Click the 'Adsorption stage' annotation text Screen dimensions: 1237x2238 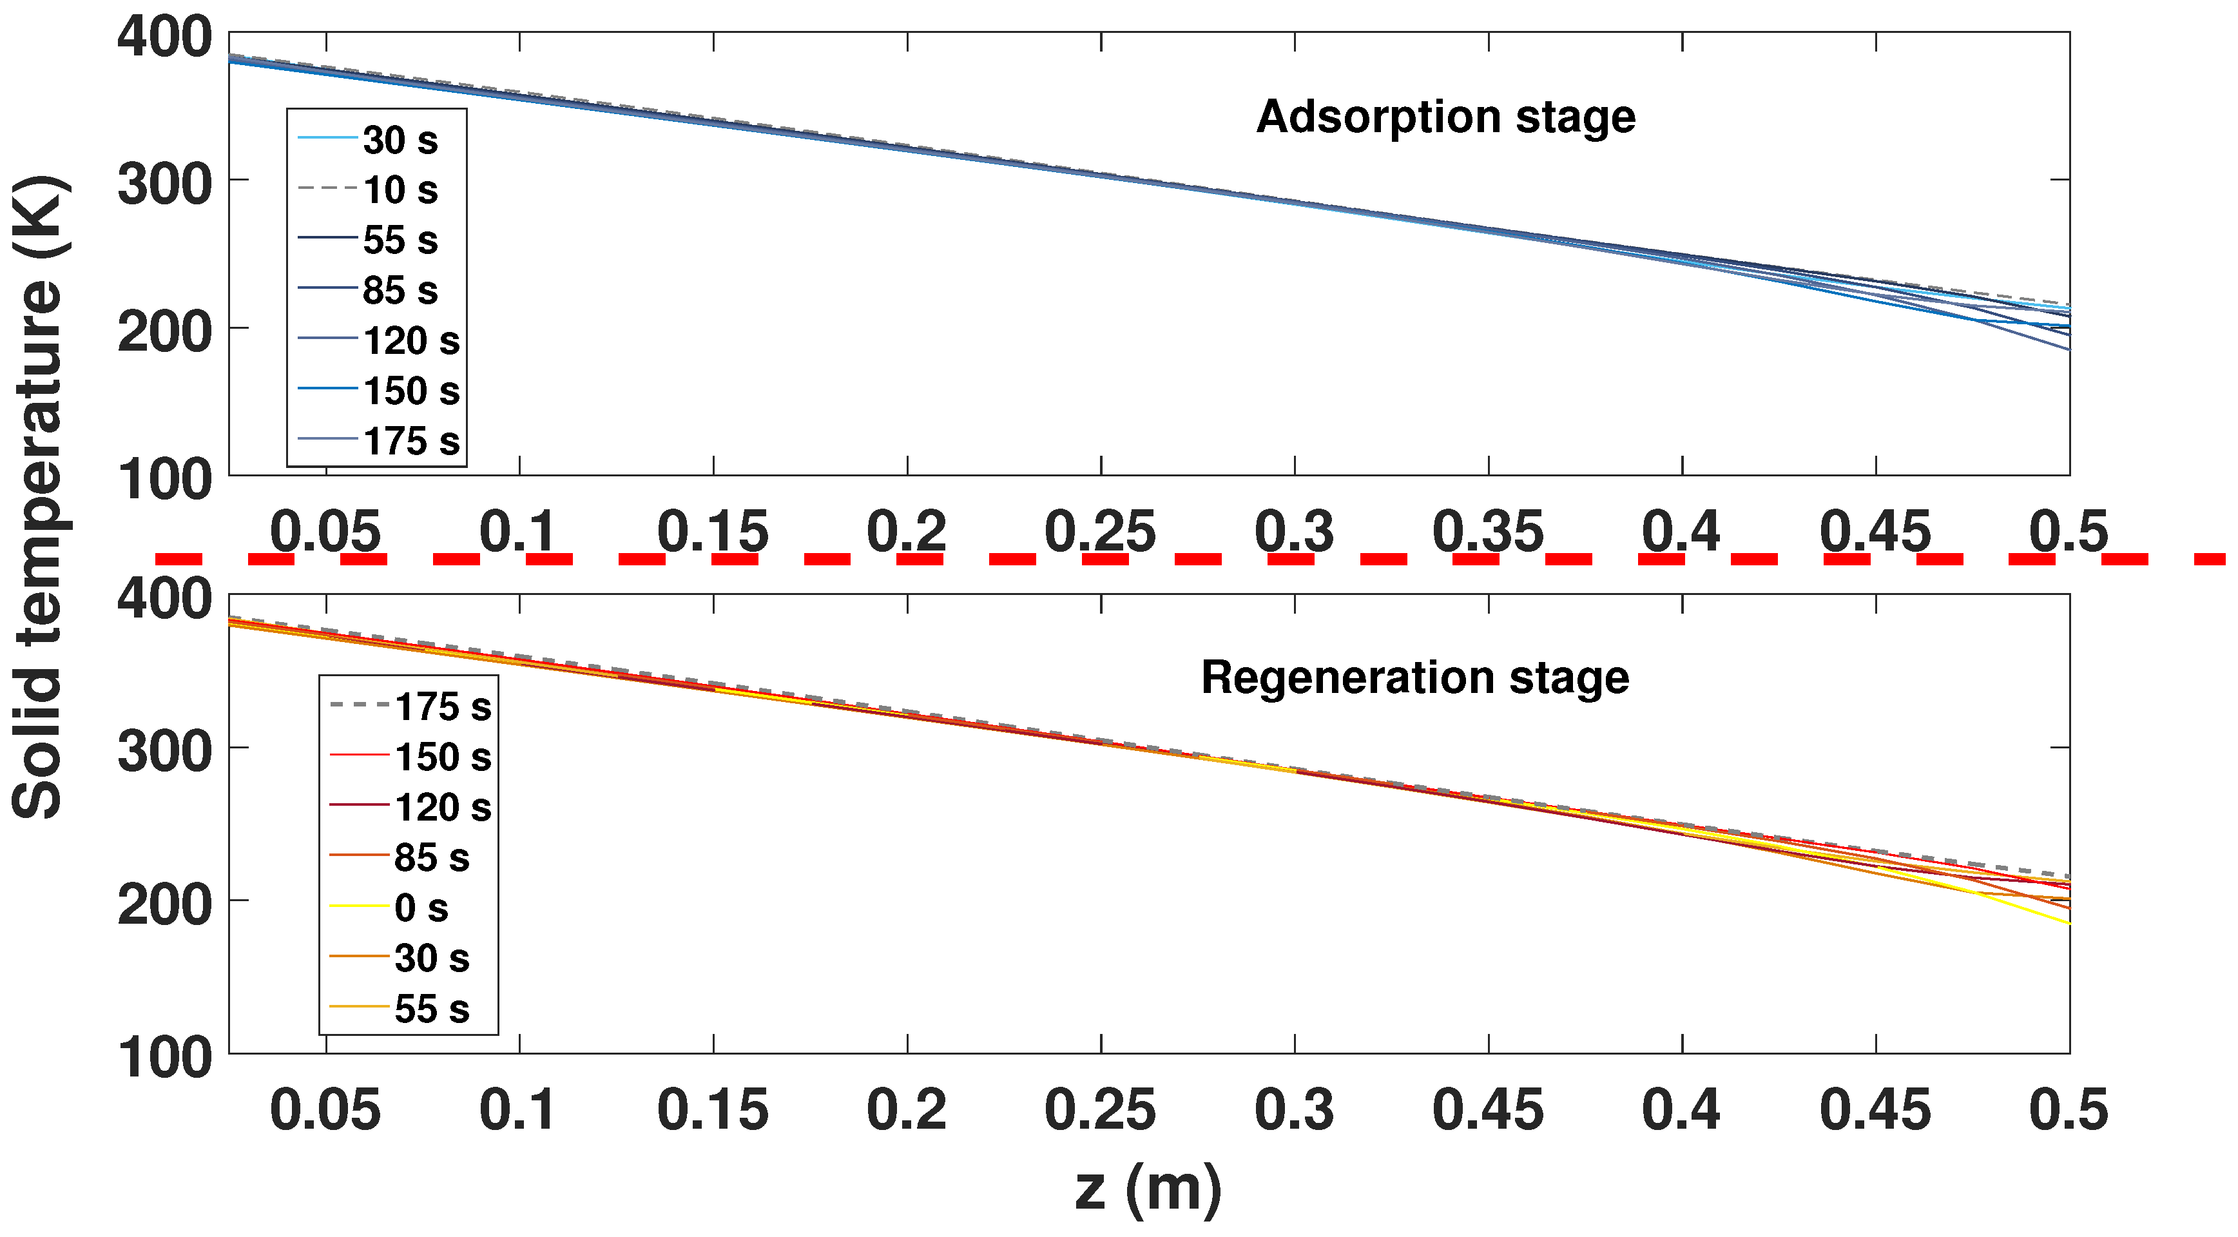click(x=1445, y=117)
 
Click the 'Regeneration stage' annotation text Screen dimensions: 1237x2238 click(x=1414, y=678)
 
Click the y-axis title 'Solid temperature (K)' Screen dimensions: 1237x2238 click(x=39, y=496)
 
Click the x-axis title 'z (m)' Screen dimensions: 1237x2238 click(x=1148, y=1188)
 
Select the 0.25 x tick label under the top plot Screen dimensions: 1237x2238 click(x=1100, y=532)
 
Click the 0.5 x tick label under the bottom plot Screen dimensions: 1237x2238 click(x=2069, y=1110)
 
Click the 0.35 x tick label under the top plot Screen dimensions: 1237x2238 click(x=1487, y=532)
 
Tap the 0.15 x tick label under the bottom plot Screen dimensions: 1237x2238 click(x=713, y=1110)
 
